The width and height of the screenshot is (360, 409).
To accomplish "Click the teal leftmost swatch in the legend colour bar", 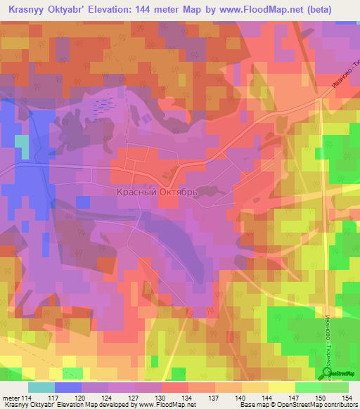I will tap(41, 387).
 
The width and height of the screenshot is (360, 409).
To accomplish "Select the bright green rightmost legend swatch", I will tap(335, 387).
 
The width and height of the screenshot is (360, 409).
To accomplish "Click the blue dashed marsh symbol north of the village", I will tap(103, 106).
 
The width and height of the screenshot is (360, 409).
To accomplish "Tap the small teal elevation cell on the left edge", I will tap(22, 146).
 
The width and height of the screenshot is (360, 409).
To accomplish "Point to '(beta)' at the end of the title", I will tap(337, 10).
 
